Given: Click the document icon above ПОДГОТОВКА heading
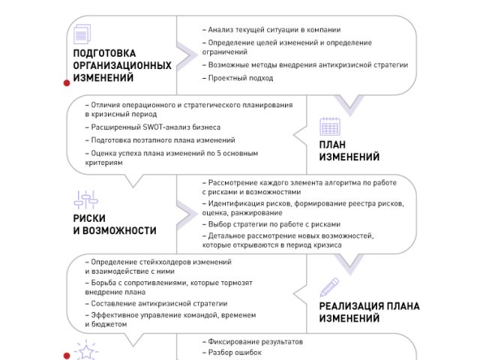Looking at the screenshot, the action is coord(82,34).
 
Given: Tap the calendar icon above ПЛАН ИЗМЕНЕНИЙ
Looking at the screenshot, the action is coord(330,126).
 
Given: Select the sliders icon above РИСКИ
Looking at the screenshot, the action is coord(85,199).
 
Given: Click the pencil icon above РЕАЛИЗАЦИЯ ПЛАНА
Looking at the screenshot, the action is coord(329,287).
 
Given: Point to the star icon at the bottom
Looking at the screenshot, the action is coord(86,351).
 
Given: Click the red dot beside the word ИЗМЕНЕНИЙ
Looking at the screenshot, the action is coord(67,83).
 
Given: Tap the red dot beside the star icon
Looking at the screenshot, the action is coord(67,355).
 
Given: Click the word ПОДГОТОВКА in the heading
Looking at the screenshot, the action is coord(104,53).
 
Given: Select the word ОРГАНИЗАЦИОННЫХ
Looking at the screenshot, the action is coord(122,65).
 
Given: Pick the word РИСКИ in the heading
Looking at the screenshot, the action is coord(89,218).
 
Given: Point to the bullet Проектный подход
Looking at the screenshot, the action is coord(238,78).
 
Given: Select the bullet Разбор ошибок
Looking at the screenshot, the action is coord(232,352).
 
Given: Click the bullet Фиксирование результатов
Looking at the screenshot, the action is coord(253,342).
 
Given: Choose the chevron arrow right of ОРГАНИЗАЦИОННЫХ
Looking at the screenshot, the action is coord(187,55).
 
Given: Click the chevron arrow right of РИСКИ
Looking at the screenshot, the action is coord(187,214).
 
